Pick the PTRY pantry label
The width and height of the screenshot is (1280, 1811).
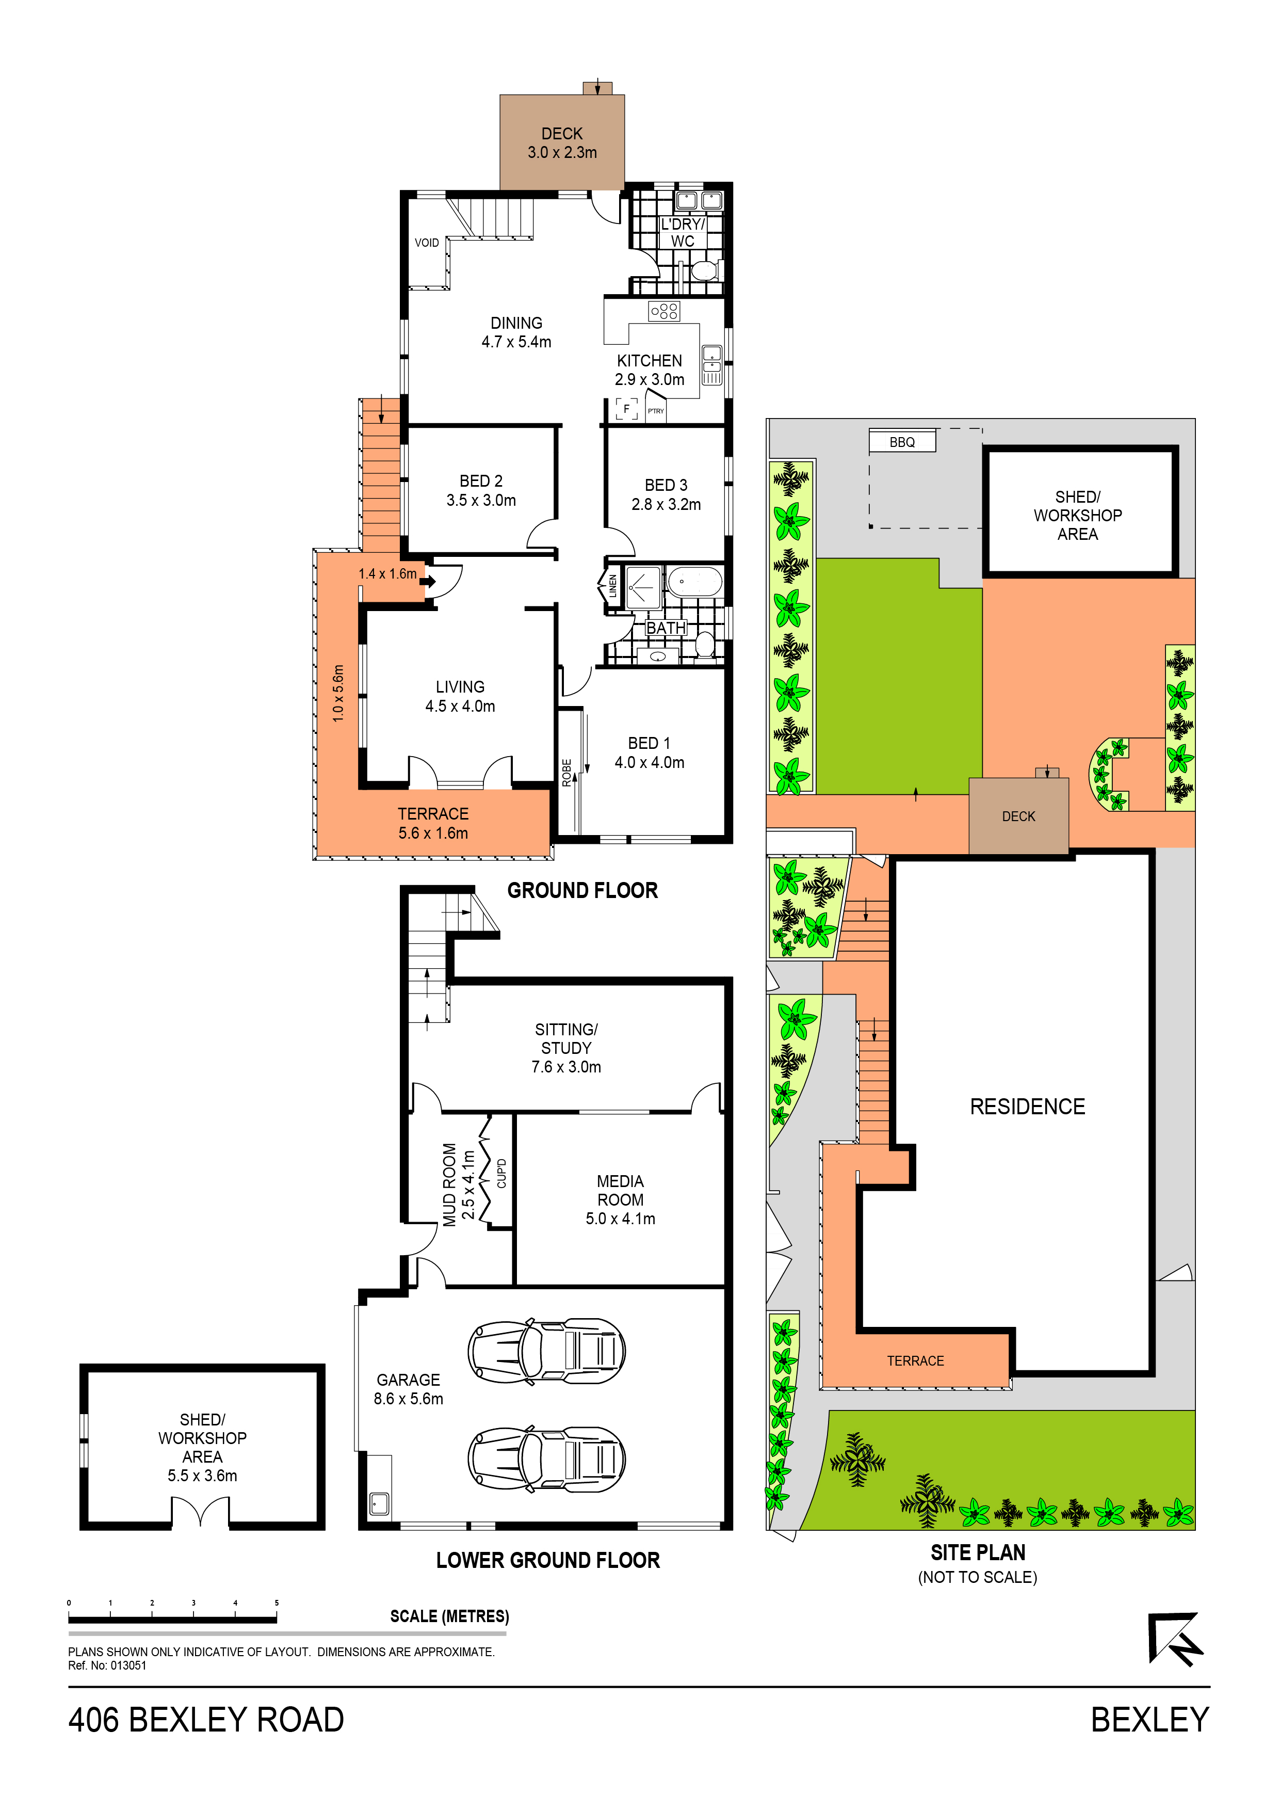(655, 411)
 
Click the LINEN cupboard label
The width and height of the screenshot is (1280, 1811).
(613, 585)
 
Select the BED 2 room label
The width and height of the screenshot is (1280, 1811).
(480, 480)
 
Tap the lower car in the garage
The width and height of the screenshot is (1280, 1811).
(546, 1459)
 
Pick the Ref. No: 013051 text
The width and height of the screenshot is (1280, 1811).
(107, 1665)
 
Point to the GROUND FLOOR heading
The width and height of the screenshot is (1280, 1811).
(582, 890)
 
